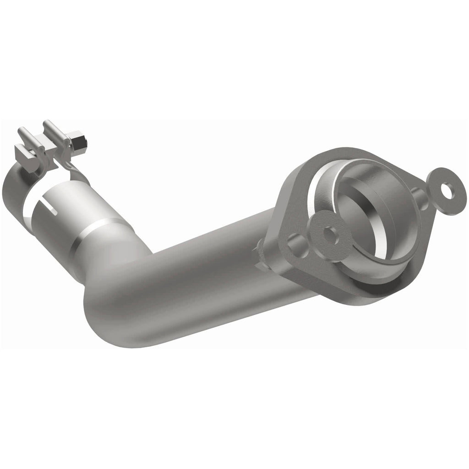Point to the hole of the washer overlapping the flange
(x=329, y=231)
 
